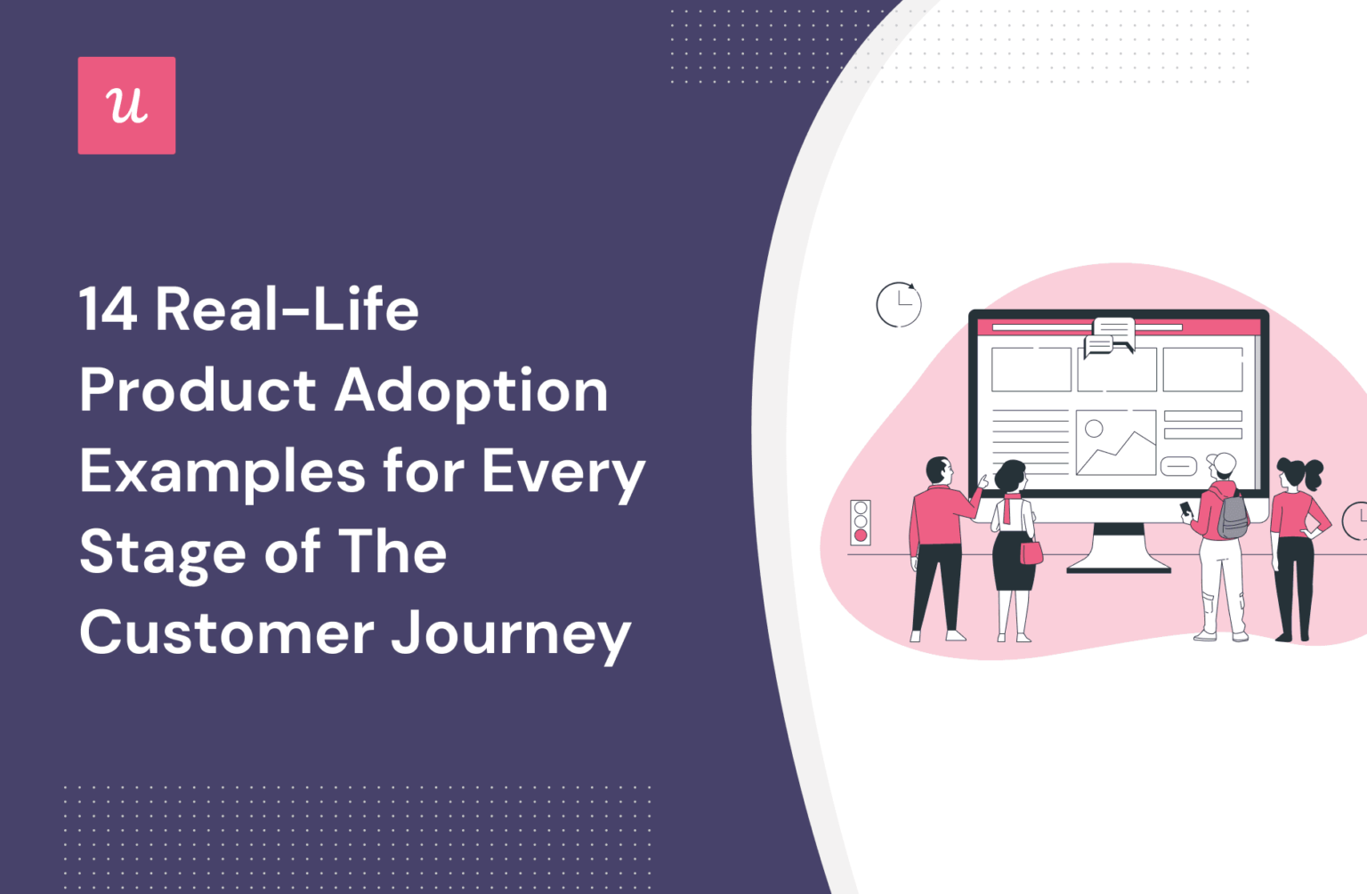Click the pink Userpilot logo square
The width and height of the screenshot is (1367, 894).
pyautogui.click(x=126, y=106)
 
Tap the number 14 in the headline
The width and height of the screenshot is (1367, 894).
pyautogui.click(x=108, y=310)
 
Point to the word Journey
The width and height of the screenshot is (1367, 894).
pyautogui.click(x=511, y=633)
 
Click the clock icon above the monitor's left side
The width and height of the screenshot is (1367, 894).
pyautogui.click(x=898, y=304)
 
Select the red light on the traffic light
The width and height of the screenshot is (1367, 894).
pyautogui.click(x=861, y=536)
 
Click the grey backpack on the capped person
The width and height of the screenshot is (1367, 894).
pyautogui.click(x=1233, y=516)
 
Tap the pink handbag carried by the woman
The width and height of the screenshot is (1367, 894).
pyautogui.click(x=1031, y=552)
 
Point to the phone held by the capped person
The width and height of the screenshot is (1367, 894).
pyautogui.click(x=1185, y=509)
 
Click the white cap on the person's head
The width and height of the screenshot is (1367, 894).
pyautogui.click(x=1222, y=463)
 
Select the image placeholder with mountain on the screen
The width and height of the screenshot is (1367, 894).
pyautogui.click(x=1115, y=442)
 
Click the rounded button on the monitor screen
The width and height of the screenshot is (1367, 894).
pyautogui.click(x=1177, y=466)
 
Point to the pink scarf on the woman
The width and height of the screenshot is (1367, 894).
pyautogui.click(x=1010, y=506)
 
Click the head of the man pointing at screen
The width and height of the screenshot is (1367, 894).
pyautogui.click(x=939, y=471)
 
